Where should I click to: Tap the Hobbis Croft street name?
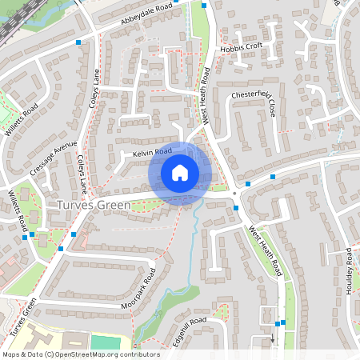(241, 46)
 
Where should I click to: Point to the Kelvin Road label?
(153, 151)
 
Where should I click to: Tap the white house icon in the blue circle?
(180, 173)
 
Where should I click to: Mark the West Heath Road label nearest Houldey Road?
(266, 250)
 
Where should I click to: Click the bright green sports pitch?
(102, 342)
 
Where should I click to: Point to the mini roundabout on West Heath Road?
(234, 193)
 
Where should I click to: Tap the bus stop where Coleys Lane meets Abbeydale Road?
(78, 42)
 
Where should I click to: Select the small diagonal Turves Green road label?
(24, 317)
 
